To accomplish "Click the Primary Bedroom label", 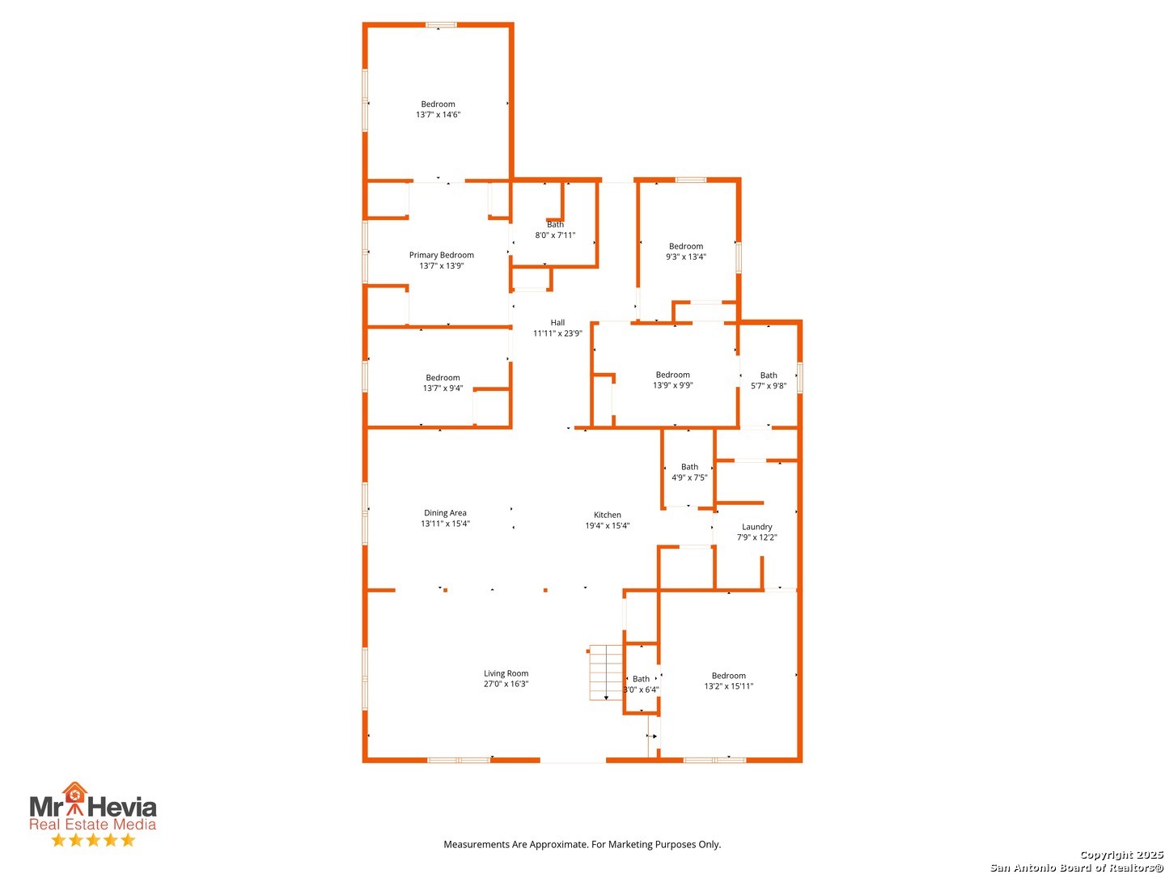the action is [x=441, y=255].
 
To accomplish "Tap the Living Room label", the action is [x=506, y=672].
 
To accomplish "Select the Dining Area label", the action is [x=445, y=512].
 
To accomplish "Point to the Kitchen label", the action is [x=608, y=515].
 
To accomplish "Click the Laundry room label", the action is [x=757, y=527].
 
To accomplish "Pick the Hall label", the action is [x=557, y=323].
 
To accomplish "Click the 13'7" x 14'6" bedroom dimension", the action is [x=438, y=115].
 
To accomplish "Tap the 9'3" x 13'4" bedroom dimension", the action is [x=686, y=257].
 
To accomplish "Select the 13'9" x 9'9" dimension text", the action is [x=672, y=385].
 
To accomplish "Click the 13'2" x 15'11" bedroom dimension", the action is [x=728, y=686].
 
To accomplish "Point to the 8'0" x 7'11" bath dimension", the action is [x=555, y=235].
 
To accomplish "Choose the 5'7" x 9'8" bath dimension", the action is [x=768, y=386].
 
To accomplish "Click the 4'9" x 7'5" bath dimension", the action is [x=689, y=477].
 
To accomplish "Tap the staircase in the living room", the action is [x=605, y=672].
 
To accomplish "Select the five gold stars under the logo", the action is [x=93, y=839].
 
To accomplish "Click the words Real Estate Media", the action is [x=92, y=824].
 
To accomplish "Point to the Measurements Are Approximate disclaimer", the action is [x=582, y=844].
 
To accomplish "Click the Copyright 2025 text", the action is [x=1121, y=855].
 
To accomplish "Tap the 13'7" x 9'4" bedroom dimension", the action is [x=443, y=388].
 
